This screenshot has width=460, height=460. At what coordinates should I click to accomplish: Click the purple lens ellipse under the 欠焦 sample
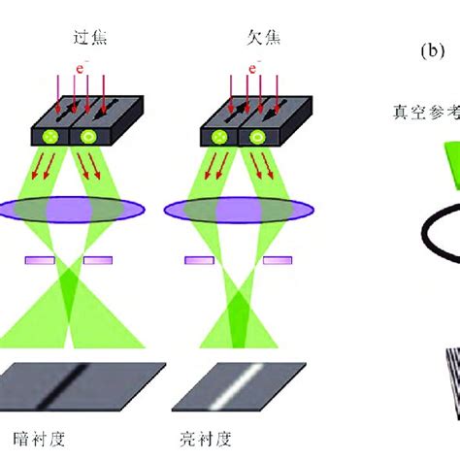click(252, 210)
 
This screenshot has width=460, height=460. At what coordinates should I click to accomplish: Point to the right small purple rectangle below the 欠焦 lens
click(278, 260)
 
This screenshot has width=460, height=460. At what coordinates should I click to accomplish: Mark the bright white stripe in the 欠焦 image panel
click(251, 382)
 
